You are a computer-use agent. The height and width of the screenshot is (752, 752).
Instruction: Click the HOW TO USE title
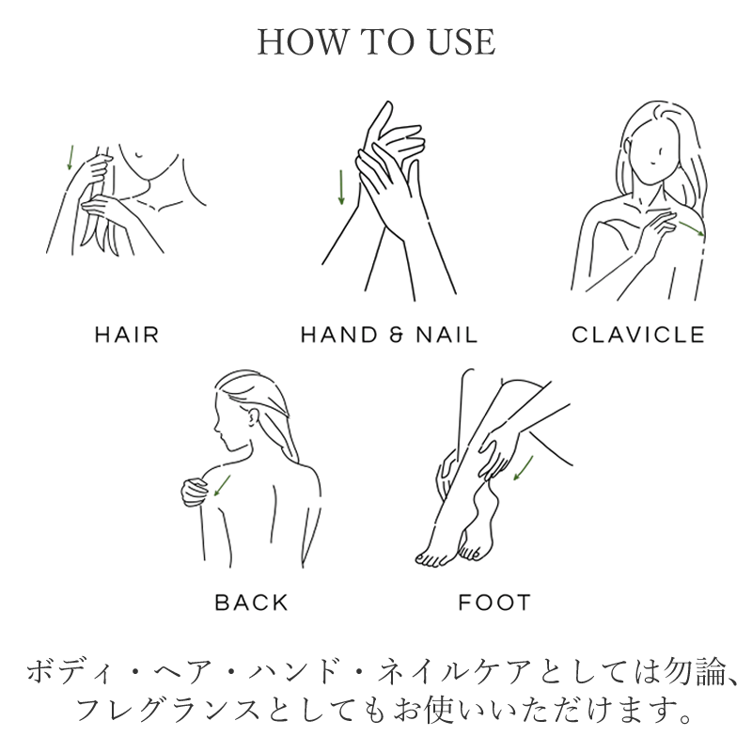tap(377, 41)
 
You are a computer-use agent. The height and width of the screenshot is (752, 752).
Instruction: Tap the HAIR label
tap(127, 335)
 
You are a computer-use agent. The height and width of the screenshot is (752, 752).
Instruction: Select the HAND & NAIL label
tap(389, 335)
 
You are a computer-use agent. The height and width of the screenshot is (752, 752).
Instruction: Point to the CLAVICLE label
tap(638, 335)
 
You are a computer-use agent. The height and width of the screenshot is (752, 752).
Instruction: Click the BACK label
tap(252, 603)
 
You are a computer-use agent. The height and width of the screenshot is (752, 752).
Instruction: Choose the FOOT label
tap(495, 603)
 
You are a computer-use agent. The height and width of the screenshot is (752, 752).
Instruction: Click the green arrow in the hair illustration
tap(70, 157)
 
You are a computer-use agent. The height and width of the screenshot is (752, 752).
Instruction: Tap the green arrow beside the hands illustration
tap(341, 187)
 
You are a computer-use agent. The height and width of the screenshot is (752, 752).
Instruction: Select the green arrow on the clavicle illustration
tap(692, 228)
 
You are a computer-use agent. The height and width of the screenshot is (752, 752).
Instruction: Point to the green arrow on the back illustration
tap(222, 485)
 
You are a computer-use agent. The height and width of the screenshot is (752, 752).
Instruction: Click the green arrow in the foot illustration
tap(524, 468)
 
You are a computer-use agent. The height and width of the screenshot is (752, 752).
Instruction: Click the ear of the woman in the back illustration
tap(251, 416)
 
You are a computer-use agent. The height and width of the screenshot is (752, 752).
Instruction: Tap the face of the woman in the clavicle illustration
tap(655, 153)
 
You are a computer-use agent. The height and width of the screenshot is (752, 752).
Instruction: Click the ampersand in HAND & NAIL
tap(396, 335)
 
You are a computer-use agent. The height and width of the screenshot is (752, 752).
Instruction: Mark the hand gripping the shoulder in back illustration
tap(196, 491)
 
